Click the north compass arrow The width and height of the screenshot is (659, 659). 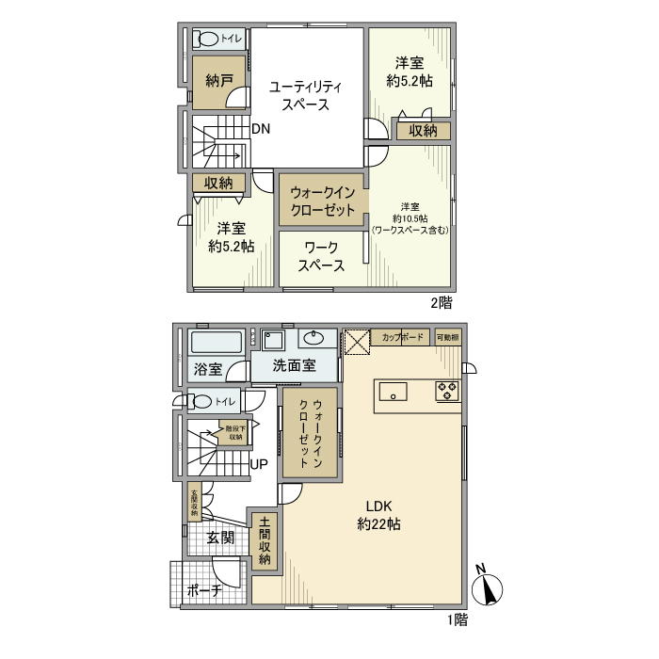point(489,589)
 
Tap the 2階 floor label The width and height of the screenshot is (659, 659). point(442,303)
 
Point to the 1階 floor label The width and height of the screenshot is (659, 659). point(455,620)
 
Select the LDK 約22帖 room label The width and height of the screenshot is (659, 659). point(378,515)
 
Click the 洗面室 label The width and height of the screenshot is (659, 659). point(294,367)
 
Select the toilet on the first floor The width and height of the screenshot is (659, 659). point(202,402)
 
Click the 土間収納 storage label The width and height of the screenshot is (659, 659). point(265,540)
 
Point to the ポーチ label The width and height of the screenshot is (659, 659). point(203,590)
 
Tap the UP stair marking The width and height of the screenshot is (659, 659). point(259,464)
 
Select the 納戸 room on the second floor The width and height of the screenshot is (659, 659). point(218,80)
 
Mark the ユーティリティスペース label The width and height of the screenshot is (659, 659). point(307,95)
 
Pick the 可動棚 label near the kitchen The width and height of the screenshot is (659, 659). point(447,337)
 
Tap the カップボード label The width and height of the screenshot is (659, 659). point(401,337)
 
